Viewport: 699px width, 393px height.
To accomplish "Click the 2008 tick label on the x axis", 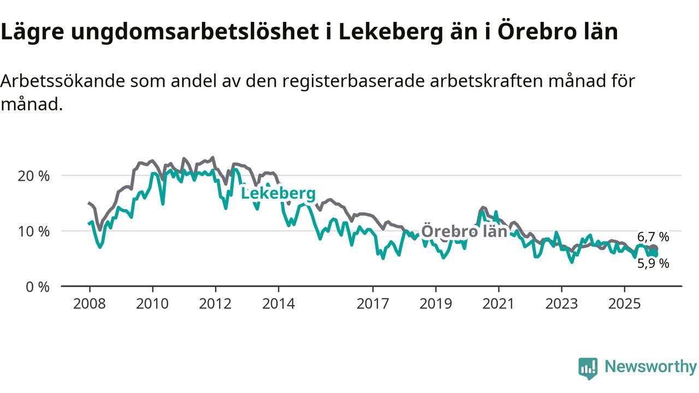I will (x=90, y=303).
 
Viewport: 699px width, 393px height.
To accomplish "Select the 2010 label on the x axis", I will (x=152, y=303).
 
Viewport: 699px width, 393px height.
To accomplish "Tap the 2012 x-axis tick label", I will (x=215, y=303).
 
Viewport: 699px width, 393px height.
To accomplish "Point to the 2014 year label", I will (x=279, y=303).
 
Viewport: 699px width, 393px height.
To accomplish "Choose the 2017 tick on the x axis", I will (x=373, y=303).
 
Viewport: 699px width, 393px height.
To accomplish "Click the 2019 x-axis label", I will (x=436, y=303).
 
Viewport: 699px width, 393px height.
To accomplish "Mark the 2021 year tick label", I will (x=499, y=303).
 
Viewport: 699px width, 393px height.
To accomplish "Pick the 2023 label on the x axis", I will (x=561, y=303).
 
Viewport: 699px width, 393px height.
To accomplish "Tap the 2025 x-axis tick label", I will (x=625, y=303).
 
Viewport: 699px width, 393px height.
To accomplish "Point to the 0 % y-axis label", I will (x=38, y=286).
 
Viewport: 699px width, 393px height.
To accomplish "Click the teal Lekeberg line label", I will (x=278, y=194).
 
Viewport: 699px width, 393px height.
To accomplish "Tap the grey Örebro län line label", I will (x=465, y=231).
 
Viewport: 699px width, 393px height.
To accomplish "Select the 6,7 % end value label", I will (x=653, y=237).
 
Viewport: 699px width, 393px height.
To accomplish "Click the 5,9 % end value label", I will (x=653, y=264).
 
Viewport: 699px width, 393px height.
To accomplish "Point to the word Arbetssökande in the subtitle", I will (x=63, y=81).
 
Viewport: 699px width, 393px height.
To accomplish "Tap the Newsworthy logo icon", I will (x=588, y=368).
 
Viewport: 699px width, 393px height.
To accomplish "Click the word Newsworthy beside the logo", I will (x=650, y=367).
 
